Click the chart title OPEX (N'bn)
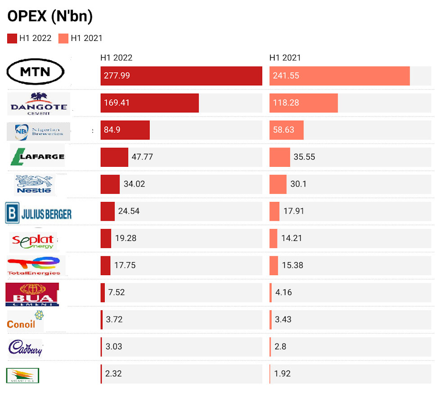tap(50, 16)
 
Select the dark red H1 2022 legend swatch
tap(12, 38)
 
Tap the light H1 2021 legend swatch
tap(63, 38)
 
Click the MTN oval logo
tap(36, 72)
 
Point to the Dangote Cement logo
tap(39, 104)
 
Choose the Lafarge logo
tap(38, 156)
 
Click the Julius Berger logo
tap(39, 213)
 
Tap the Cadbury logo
tap(26, 347)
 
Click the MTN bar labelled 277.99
tap(181, 76)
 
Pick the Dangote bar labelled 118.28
tap(304, 103)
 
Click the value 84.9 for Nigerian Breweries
tap(113, 130)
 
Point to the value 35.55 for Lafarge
tap(304, 157)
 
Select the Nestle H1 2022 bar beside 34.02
tap(110, 184)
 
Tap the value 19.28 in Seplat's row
tap(126, 238)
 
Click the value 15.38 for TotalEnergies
tap(292, 265)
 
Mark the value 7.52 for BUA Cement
tap(116, 292)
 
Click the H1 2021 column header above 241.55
tap(285, 58)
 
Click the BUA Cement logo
tap(32, 294)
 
